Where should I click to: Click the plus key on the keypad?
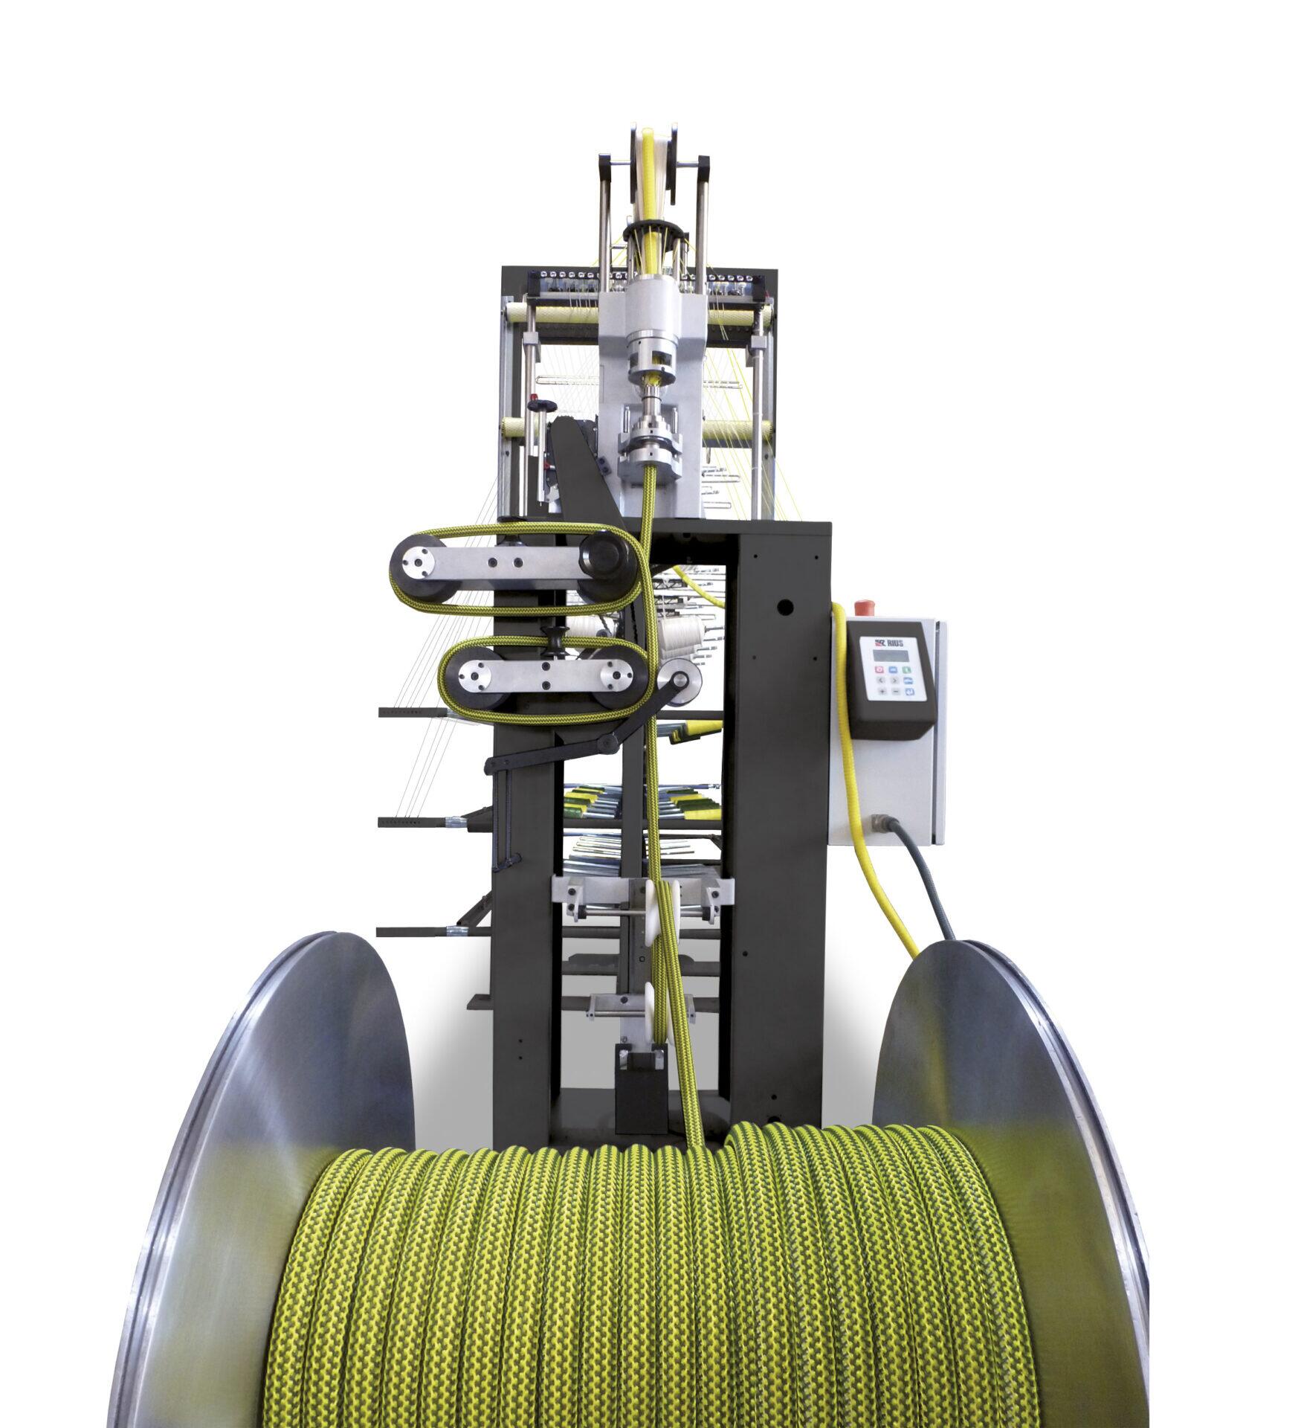click(x=882, y=691)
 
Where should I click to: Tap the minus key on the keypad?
click(x=894, y=691)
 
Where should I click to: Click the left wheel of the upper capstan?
click(x=422, y=554)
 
